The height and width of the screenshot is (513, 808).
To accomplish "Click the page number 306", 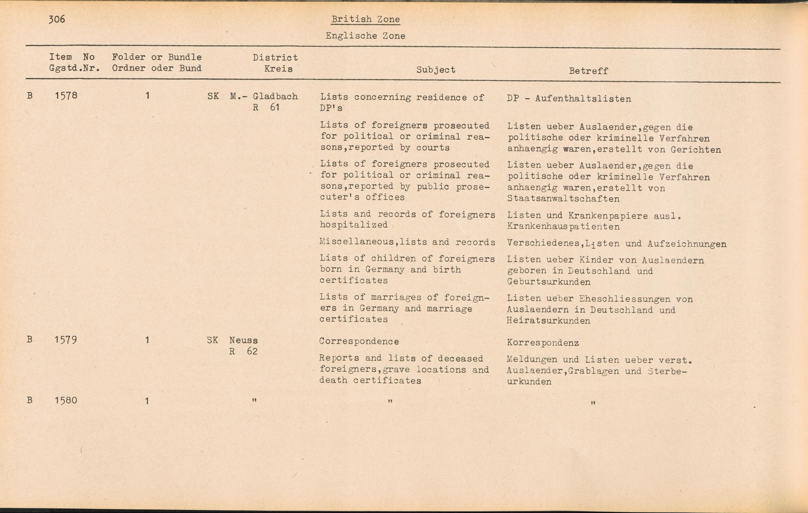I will pyautogui.click(x=57, y=19).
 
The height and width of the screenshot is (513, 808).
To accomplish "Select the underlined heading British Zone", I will pyautogui.click(x=365, y=19).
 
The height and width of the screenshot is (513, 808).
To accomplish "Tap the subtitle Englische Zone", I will pyautogui.click(x=365, y=36).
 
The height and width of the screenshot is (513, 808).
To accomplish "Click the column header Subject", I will pyautogui.click(x=436, y=70).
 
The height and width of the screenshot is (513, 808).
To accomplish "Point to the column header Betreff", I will pyautogui.click(x=588, y=71).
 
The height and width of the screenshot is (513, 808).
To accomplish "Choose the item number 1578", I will pyautogui.click(x=66, y=96).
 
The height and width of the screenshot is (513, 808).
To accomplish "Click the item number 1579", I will pyautogui.click(x=66, y=340).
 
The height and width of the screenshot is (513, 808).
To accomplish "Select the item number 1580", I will pyautogui.click(x=66, y=401).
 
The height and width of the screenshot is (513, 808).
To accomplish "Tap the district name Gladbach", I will pyautogui.click(x=275, y=97).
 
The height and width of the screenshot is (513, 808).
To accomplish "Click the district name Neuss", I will pyautogui.click(x=243, y=341).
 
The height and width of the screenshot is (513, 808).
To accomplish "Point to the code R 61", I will pyautogui.click(x=266, y=108).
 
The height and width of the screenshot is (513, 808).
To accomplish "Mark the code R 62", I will pyautogui.click(x=243, y=351).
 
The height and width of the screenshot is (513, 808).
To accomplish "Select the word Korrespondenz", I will pyautogui.click(x=543, y=343).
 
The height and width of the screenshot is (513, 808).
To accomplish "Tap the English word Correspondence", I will pyautogui.click(x=359, y=341).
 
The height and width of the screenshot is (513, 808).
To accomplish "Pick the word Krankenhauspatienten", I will pyautogui.click(x=563, y=227).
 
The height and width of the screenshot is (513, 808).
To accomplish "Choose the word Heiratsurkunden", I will pyautogui.click(x=548, y=321).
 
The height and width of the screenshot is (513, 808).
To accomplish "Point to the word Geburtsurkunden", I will pyautogui.click(x=548, y=282).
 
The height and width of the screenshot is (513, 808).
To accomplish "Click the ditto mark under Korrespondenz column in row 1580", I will pyautogui.click(x=593, y=402).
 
